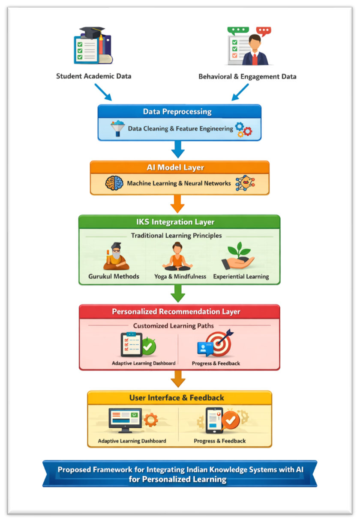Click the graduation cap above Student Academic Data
pyautogui.click(x=92, y=32)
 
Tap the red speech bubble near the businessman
pyautogui.click(x=264, y=31)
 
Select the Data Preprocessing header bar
pyautogui.click(x=179, y=111)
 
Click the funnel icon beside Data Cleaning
pyautogui.click(x=117, y=128)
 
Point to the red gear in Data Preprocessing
pyautogui.click(x=248, y=131)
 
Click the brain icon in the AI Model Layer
pyautogui.click(x=114, y=183)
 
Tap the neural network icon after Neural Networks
pyautogui.click(x=245, y=183)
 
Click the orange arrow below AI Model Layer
pyautogui.click(x=177, y=204)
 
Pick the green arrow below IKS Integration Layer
pyautogui.click(x=178, y=293)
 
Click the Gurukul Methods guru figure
pyautogui.click(x=116, y=257)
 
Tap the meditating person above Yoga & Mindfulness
pyautogui.click(x=177, y=256)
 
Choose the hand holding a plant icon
pyautogui.click(x=238, y=256)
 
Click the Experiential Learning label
pyautogui.click(x=241, y=277)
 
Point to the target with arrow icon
pyautogui.click(x=219, y=343)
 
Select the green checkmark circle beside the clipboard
pyautogui.click(x=149, y=346)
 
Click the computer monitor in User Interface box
pyautogui.click(x=125, y=421)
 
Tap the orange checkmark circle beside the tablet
pyautogui.click(x=231, y=420)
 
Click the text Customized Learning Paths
pyautogui.click(x=173, y=325)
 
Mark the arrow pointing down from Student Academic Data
pyautogui.click(x=103, y=92)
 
